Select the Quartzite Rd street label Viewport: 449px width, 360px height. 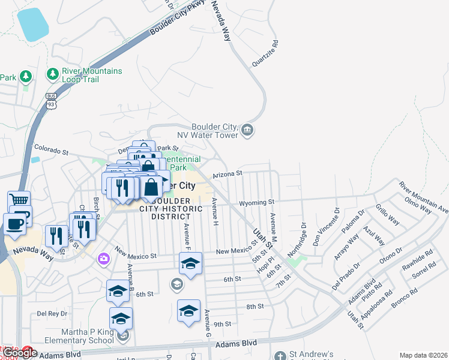266,55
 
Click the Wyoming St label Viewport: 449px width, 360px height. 256,203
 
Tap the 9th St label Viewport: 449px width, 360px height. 222,324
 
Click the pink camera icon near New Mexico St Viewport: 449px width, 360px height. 104,258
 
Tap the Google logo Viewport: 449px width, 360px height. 20,353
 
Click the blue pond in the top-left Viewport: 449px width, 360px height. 32,24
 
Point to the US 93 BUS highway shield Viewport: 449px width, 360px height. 52,101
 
